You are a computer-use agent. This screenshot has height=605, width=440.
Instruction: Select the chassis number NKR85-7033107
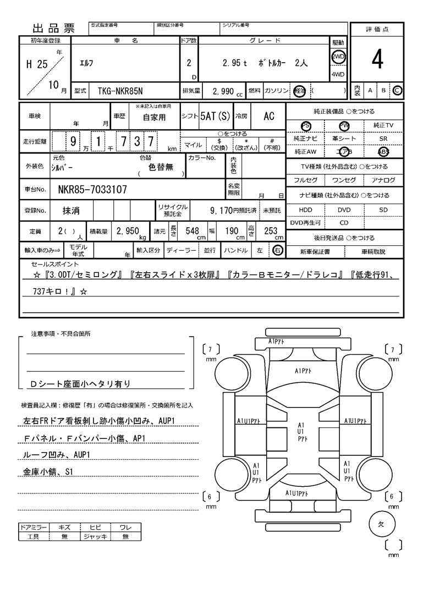click(92, 190)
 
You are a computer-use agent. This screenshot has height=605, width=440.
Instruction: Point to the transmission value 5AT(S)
click(216, 116)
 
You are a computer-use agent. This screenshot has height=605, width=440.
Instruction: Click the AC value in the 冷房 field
click(269, 116)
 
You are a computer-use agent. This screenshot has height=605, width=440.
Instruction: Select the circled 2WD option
click(338, 57)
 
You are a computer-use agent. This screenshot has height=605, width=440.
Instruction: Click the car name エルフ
click(87, 63)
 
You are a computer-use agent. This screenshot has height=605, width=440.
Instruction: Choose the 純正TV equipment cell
click(383, 126)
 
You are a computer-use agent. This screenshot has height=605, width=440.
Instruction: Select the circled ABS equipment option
click(383, 152)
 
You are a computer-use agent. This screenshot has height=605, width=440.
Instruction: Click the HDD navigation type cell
click(305, 210)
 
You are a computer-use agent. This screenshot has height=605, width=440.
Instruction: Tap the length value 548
click(192, 232)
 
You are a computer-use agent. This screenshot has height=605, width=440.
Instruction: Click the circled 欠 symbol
click(380, 524)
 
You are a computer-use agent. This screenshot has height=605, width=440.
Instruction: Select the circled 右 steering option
click(278, 251)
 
